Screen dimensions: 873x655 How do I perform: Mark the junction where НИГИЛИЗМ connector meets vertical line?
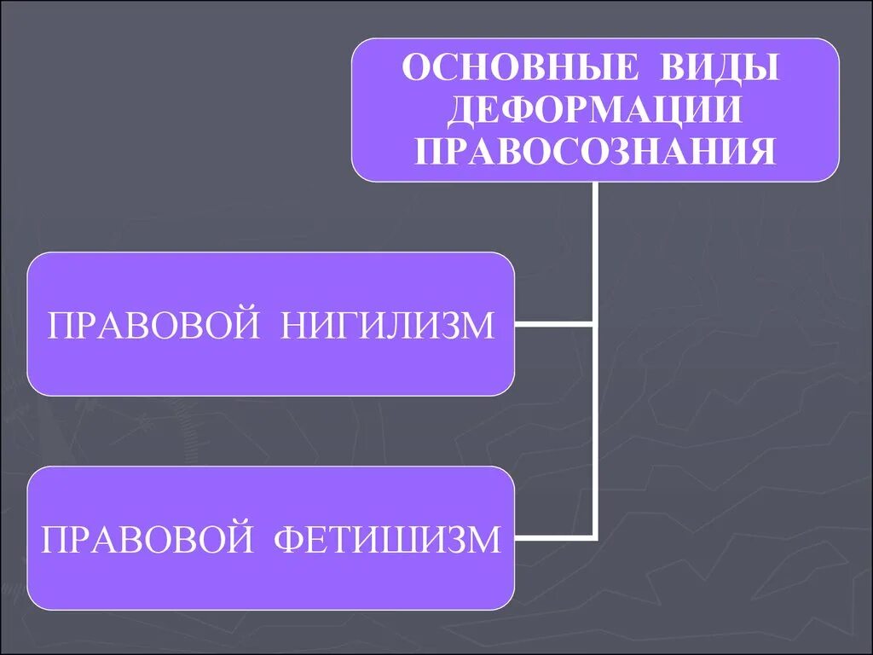(595, 324)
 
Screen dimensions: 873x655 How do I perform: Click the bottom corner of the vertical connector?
(595, 538)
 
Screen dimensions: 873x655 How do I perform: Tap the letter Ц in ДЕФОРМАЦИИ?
(678, 110)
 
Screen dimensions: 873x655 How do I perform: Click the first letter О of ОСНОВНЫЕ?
(414, 69)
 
